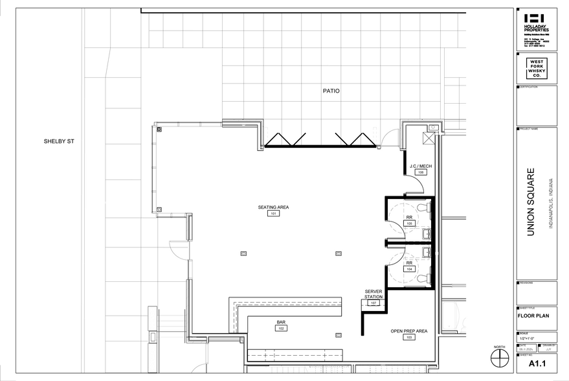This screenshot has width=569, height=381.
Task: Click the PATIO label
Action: pyautogui.click(x=331, y=91)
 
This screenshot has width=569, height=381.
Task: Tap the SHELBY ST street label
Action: pyautogui.click(x=60, y=141)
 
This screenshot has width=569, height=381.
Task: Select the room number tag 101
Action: pyautogui.click(x=273, y=214)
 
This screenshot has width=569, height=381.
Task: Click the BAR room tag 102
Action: pyautogui.click(x=281, y=329)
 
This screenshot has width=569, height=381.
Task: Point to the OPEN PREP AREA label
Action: pyautogui.click(x=409, y=331)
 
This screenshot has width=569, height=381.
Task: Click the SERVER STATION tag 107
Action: pyautogui.click(x=374, y=303)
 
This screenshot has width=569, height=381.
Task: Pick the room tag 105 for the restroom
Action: pyautogui.click(x=409, y=223)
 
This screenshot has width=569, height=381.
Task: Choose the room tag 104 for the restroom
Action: pyautogui.click(x=409, y=268)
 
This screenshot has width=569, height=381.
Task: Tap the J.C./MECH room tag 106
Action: pyautogui.click(x=420, y=173)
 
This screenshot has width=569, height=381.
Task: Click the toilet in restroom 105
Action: pyautogui.click(x=422, y=207)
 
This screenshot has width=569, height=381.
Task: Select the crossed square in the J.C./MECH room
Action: pyautogui.click(x=428, y=137)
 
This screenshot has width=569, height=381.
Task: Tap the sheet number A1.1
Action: pyautogui.click(x=536, y=364)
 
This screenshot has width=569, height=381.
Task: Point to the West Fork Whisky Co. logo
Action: pyautogui.click(x=536, y=67)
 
